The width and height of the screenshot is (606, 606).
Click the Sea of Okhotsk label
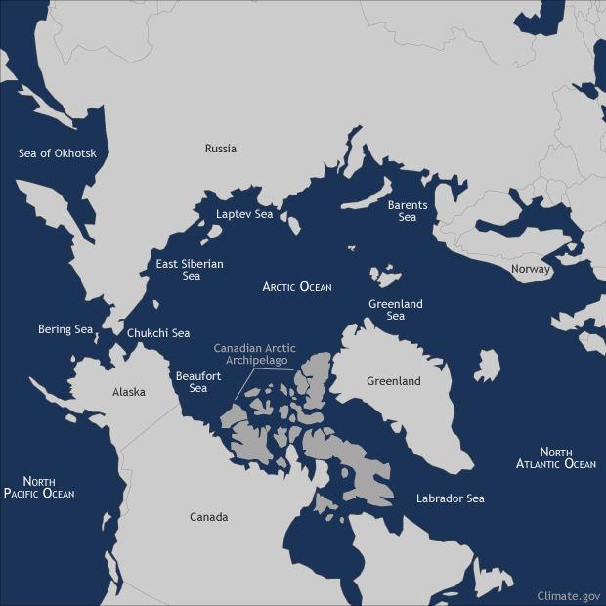coord(64,153)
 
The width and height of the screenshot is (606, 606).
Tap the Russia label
coord(220,149)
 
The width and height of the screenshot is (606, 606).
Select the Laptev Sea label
coord(243,214)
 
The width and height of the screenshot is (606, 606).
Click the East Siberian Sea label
coord(190,270)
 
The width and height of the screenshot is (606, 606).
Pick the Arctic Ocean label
coord(297,287)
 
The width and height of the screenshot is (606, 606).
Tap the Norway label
coord(531,269)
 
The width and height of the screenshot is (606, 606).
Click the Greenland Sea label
coord(395,310)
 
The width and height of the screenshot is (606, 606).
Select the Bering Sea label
coord(65,329)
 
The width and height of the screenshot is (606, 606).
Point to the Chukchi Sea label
coord(158,333)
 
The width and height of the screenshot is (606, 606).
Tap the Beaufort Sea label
coord(192,381)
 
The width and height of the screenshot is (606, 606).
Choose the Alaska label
coord(129,392)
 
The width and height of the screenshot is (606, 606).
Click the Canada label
coord(208,517)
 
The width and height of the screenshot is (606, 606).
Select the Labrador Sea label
coord(450,498)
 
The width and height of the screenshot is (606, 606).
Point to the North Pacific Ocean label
coord(39,487)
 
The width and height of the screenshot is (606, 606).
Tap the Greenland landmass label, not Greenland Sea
coord(393,381)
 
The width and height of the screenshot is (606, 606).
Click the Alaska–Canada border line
coord(147,430)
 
